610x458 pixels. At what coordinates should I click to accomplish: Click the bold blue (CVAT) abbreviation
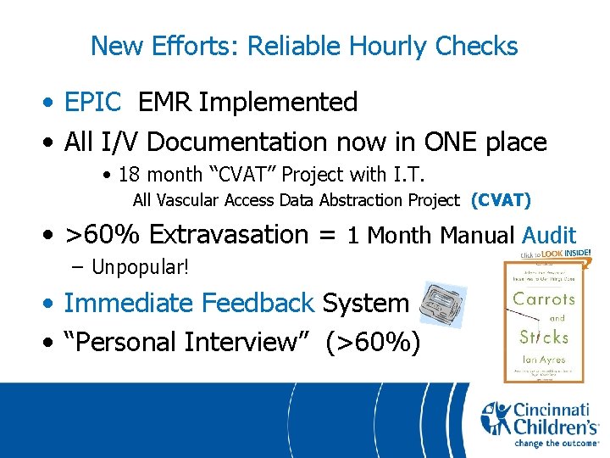pos(501,200)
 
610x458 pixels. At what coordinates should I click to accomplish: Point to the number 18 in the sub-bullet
pos(129,175)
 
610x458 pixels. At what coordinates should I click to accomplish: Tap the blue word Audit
pos(549,235)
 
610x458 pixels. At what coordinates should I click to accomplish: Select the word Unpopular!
pos(140,268)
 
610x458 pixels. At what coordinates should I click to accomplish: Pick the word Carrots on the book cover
pos(545,298)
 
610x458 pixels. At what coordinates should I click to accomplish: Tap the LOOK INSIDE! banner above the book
pos(559,254)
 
